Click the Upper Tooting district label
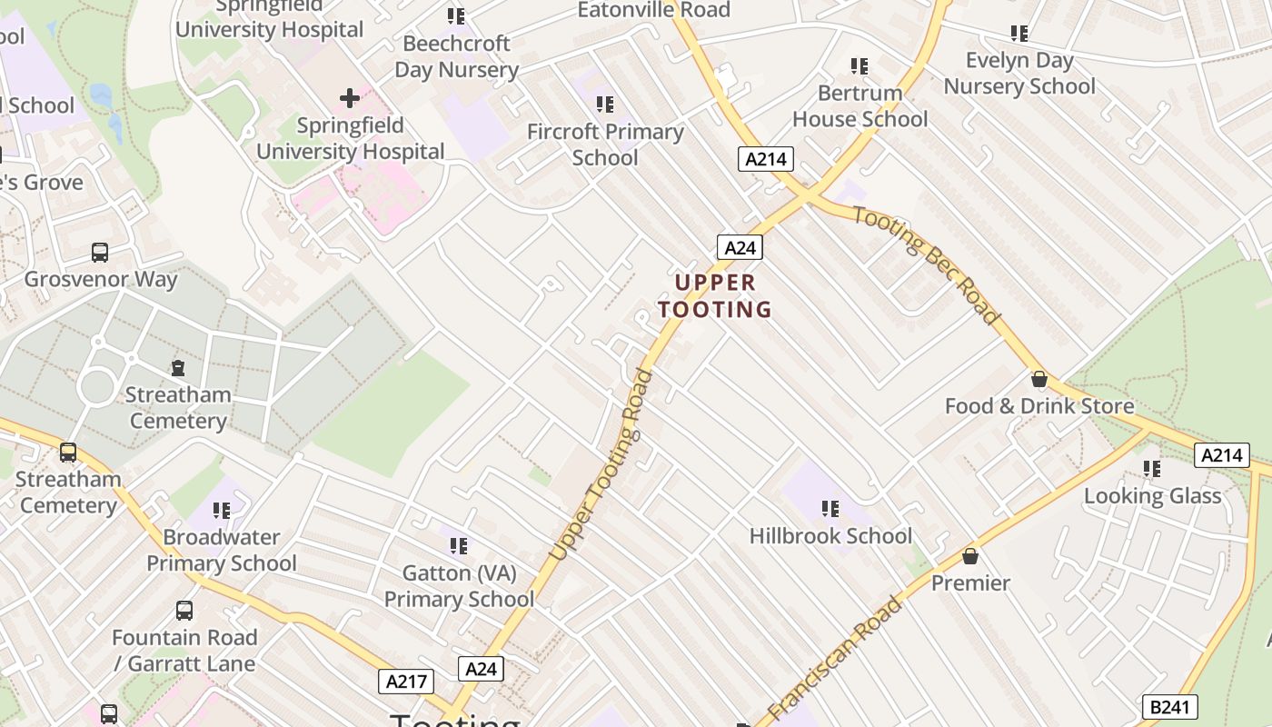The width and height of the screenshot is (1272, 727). pos(715,295)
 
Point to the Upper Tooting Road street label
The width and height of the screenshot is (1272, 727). pos(602,464)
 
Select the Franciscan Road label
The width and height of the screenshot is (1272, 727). pos(835,657)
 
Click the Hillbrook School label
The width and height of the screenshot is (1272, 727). pos(830,536)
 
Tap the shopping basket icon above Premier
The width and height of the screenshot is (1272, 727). pos(970,556)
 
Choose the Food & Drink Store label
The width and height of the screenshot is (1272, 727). pos(1039,406)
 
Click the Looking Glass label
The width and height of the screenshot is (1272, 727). pos(1152,496)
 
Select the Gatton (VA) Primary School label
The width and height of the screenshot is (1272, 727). pos(459,586)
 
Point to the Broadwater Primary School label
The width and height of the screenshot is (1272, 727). pos(222,550)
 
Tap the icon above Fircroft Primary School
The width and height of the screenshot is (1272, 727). pos(604,105)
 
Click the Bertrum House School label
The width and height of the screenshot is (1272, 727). pos(860,105)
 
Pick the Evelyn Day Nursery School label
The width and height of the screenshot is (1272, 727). pos(1019,74)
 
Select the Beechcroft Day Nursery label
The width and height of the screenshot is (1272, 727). pos(456,56)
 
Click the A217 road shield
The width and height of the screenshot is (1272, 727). pos(406,682)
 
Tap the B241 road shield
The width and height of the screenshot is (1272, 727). pos(1168,707)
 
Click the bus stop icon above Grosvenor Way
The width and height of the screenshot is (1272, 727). pos(100,253)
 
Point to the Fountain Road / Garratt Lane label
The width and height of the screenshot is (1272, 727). pos(184,651)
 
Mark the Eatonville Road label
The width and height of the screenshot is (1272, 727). pos(654,10)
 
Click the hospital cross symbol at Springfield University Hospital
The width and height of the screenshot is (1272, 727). pos(350,98)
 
